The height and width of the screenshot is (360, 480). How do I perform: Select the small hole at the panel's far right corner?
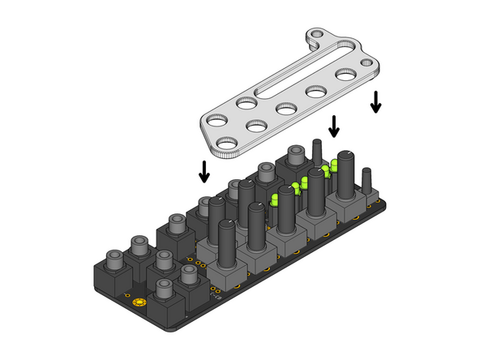[372, 66]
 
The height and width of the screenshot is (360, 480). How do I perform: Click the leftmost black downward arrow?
[204, 170]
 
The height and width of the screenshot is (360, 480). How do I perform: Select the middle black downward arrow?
[333, 126]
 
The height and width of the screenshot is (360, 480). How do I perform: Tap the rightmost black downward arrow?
[375, 102]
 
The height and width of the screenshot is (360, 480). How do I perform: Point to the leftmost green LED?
[275, 199]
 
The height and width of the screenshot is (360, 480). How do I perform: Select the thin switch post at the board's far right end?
[367, 180]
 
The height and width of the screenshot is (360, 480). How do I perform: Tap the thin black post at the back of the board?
[317, 152]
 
